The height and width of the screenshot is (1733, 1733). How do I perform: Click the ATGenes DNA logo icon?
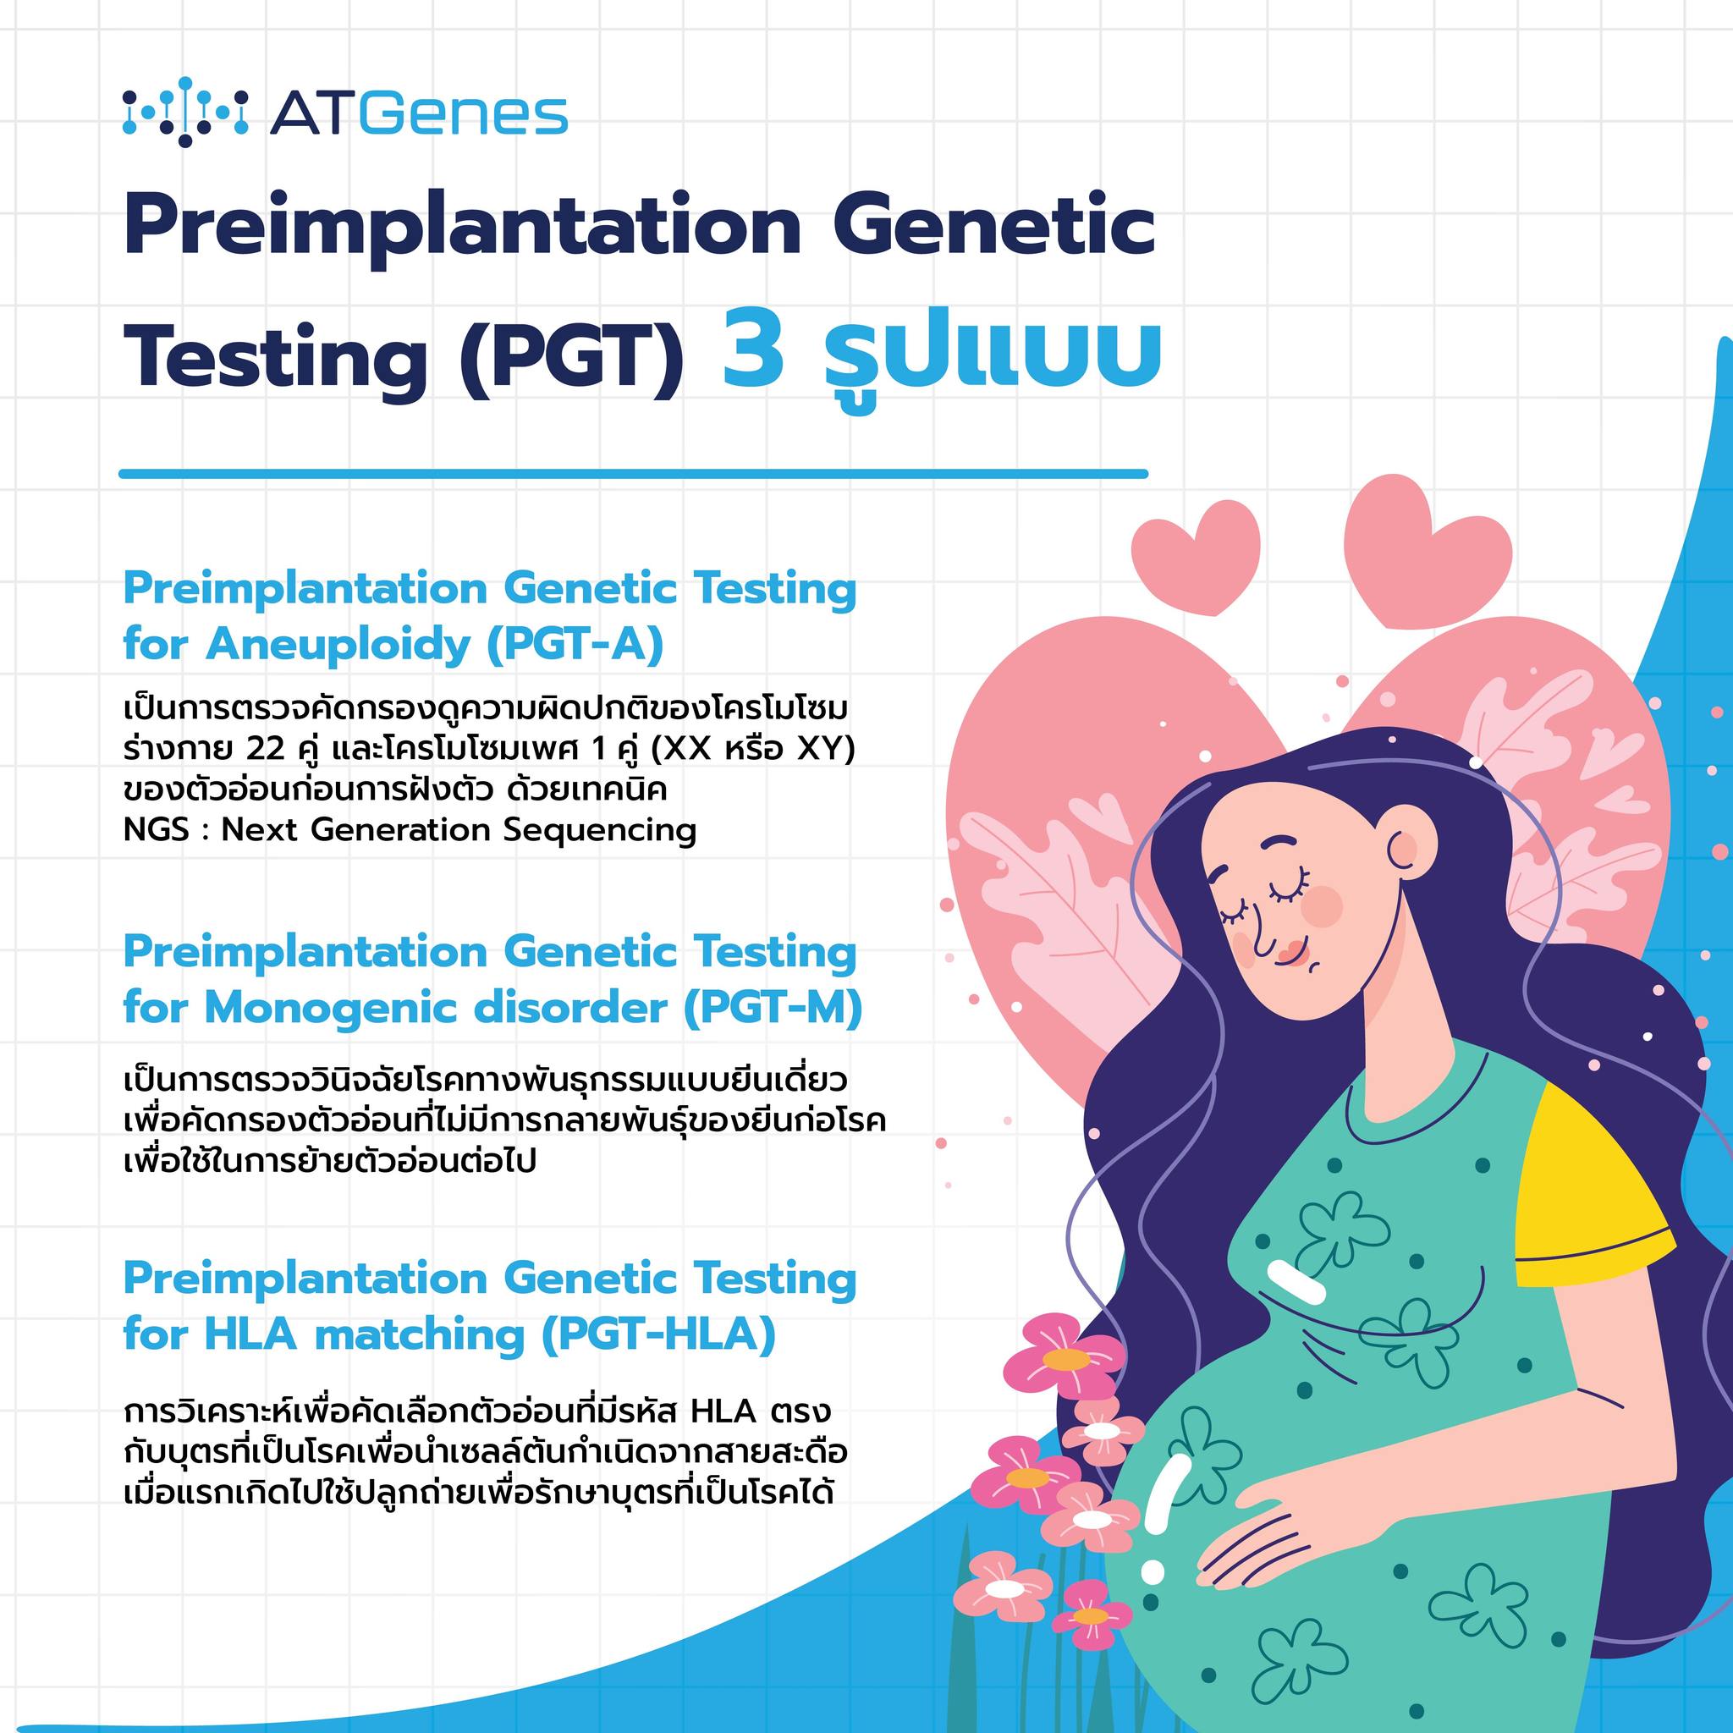point(184,113)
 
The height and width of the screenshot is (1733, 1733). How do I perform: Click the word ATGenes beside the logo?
point(419,114)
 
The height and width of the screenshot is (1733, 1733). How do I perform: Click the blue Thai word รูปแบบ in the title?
point(982,355)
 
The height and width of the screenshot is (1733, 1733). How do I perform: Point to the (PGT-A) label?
point(575,644)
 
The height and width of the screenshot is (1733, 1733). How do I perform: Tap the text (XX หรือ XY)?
point(753,750)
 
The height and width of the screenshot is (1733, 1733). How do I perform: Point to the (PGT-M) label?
point(773,1008)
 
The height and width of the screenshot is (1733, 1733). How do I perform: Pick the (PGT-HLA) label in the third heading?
point(658,1334)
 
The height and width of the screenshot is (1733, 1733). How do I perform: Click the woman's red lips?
point(1290,955)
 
